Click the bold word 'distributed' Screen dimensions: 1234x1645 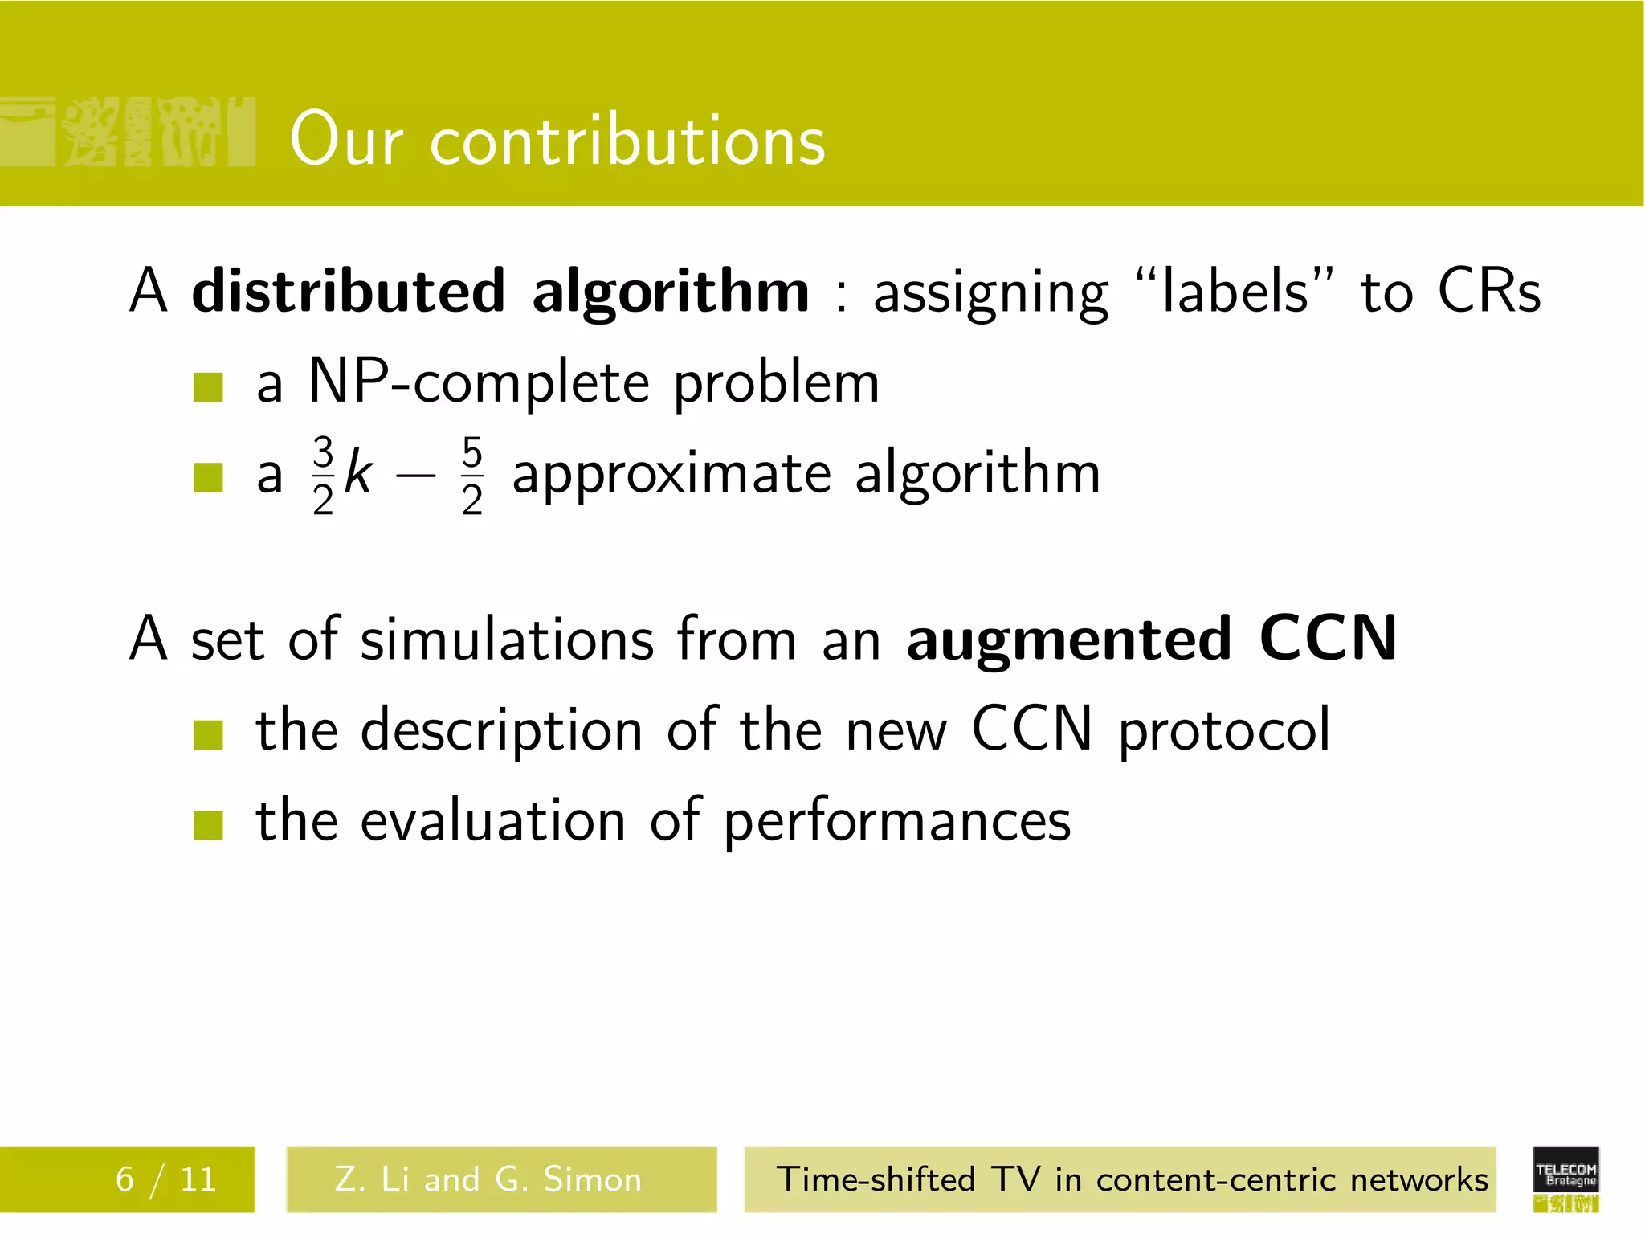click(349, 291)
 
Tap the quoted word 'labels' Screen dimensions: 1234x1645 click(1235, 291)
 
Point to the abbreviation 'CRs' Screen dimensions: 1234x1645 click(1488, 291)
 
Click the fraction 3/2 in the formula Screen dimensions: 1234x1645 click(323, 475)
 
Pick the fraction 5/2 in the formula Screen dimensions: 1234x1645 click(472, 475)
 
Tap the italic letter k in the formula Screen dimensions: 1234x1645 click(358, 474)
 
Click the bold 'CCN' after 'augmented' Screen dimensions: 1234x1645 click(1328, 639)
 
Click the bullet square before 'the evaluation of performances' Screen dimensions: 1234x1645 click(208, 824)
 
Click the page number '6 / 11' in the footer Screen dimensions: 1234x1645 click(166, 1179)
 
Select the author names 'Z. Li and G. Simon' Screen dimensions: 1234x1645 click(488, 1179)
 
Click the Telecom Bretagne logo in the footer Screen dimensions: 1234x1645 click(1565, 1179)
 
